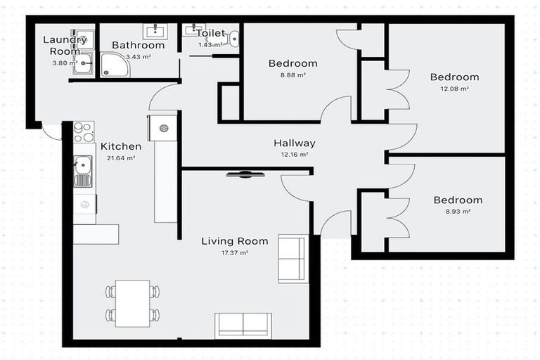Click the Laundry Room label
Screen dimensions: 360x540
(65, 46)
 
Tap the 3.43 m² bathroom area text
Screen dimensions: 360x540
(138, 56)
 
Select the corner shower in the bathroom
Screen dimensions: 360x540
(114, 65)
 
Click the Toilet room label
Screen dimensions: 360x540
(211, 33)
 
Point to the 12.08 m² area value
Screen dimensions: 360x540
(454, 89)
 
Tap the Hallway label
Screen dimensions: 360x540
(294, 143)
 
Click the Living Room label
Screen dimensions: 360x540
(235, 241)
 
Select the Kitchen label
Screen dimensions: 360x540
(121, 146)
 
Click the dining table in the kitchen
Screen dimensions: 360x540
(132, 303)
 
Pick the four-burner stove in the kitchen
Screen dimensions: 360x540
(84, 132)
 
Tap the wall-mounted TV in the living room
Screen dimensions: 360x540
(245, 174)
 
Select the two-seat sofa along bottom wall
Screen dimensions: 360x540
(243, 325)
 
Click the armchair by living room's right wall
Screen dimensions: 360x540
(292, 259)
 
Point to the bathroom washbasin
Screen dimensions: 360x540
(155, 31)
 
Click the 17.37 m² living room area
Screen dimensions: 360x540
(235, 252)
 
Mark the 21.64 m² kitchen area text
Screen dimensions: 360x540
(121, 158)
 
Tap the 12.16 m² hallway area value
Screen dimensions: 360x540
(294, 154)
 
